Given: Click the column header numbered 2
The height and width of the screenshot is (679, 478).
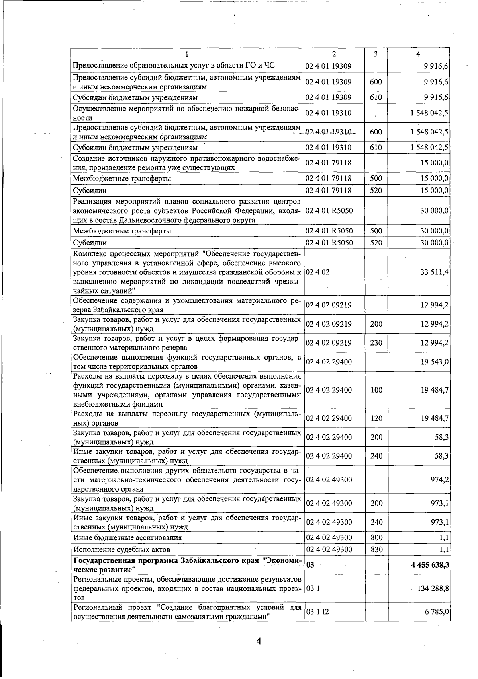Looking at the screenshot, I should coord(334,54).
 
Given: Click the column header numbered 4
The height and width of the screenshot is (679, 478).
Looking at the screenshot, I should coord(418,54).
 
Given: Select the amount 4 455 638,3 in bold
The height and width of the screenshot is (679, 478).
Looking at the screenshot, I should coord(430,565).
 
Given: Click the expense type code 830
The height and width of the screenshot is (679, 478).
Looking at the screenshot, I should coord(376,550).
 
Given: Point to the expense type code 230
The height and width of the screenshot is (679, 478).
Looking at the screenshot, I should coord(376,343).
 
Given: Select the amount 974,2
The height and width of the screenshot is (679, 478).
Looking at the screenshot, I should coord(440,480).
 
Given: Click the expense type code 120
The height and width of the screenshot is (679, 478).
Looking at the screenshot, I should coord(376,418).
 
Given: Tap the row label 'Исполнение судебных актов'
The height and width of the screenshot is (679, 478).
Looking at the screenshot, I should coord(122,550).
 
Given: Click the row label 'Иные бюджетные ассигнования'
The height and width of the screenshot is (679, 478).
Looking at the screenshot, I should coord(127,538).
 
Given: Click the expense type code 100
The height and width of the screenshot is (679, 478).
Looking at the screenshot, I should coord(376,390).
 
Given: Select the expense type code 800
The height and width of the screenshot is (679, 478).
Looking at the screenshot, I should coord(376,538).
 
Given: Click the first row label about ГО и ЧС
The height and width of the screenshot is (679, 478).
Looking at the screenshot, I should coord(174,66).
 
